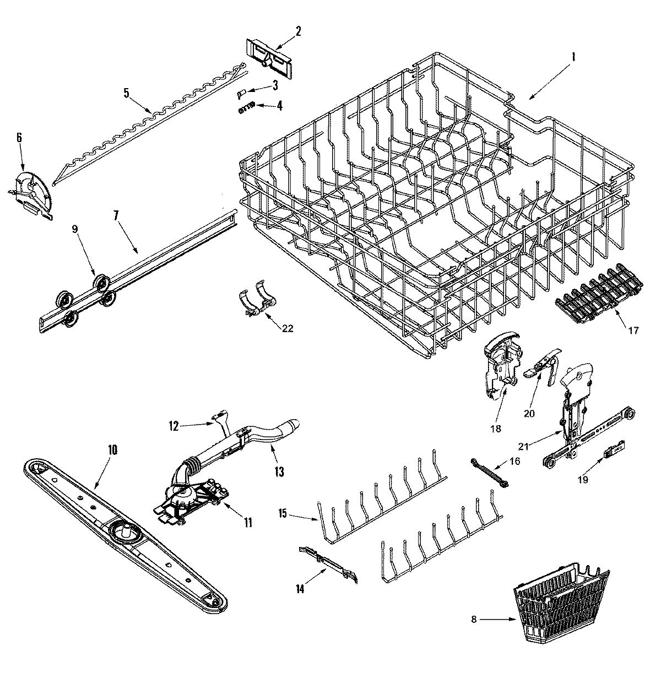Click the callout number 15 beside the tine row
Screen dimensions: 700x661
click(283, 514)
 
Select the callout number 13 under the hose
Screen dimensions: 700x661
click(279, 471)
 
